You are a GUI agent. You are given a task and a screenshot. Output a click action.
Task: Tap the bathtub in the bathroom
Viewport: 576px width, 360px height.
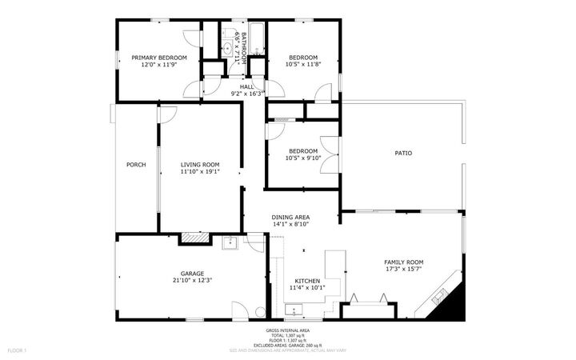point(257,38)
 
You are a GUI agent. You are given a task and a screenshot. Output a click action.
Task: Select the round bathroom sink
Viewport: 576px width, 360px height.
point(227,49)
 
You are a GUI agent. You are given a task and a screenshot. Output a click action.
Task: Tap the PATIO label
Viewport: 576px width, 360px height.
point(403,153)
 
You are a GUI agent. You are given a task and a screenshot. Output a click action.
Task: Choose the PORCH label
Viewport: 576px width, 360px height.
point(136,166)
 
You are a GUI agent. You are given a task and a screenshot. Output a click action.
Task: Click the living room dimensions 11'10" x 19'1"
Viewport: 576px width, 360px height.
point(199,172)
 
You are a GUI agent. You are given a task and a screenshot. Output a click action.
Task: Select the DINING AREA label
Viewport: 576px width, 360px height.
point(291,217)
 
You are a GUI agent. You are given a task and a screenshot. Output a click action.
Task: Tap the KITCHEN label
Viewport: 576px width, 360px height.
point(307,281)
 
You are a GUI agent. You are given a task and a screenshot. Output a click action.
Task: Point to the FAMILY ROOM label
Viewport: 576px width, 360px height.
point(404,262)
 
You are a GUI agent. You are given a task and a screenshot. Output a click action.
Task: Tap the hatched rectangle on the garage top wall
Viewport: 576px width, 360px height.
point(194,238)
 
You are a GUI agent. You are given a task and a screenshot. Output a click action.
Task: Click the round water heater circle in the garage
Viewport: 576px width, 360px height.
point(259,312)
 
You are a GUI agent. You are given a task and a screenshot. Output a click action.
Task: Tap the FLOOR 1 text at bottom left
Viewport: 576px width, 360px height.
point(17,350)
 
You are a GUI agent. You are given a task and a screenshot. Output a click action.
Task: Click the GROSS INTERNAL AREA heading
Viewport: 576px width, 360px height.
point(288,330)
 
